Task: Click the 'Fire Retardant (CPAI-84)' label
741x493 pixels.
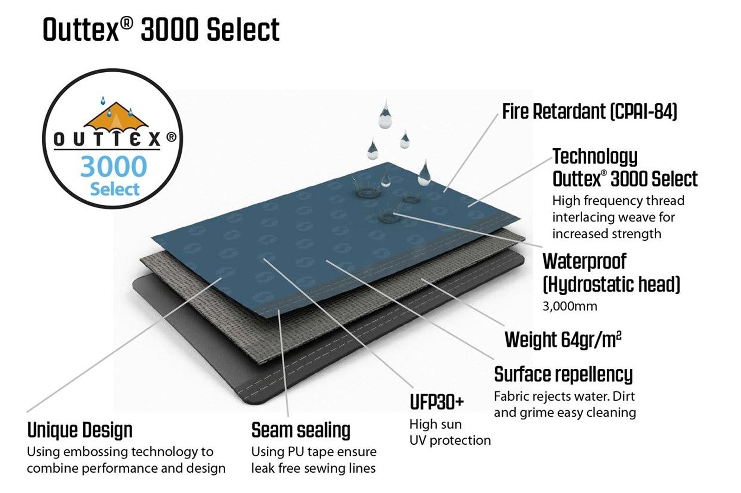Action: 590,112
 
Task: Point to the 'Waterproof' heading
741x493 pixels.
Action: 584,261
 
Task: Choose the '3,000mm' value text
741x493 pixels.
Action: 570,306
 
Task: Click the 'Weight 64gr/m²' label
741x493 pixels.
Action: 563,340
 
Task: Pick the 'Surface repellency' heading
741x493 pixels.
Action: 563,374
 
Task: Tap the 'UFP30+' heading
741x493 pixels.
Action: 437,402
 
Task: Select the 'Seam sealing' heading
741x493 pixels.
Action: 301,430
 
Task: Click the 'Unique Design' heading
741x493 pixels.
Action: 80,430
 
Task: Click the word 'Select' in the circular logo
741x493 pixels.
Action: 114,189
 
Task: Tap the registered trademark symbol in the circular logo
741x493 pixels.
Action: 171,137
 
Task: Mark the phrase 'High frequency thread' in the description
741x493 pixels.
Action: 618,201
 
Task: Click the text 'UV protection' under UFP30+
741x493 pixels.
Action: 450,440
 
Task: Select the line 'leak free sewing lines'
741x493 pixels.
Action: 313,468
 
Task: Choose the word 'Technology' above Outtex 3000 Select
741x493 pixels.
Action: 595,157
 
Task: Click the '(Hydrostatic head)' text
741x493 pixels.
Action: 611,284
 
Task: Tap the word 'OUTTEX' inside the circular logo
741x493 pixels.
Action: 107,139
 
